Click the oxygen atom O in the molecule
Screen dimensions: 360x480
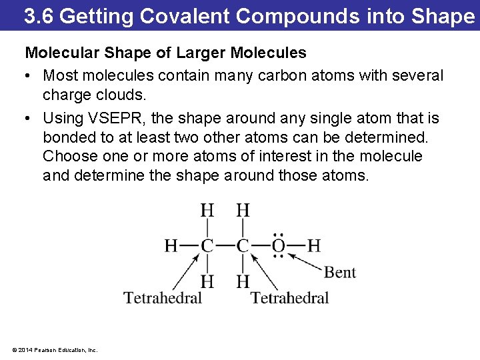[x=279, y=246]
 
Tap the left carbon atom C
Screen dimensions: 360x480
[x=207, y=246]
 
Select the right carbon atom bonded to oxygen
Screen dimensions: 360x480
[x=243, y=246]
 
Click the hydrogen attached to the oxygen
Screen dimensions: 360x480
[x=314, y=246]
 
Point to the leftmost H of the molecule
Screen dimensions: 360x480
[x=171, y=246]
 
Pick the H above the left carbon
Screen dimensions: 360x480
[x=207, y=211]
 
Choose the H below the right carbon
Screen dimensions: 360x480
[x=243, y=281]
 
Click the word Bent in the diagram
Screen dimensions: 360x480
[x=340, y=273]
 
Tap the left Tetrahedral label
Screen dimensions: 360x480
[x=163, y=298]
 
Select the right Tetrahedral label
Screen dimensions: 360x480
[x=290, y=298]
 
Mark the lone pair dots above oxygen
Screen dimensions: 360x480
[x=279, y=235]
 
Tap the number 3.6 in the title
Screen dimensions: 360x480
[x=39, y=16]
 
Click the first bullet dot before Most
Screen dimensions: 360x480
[x=30, y=76]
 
